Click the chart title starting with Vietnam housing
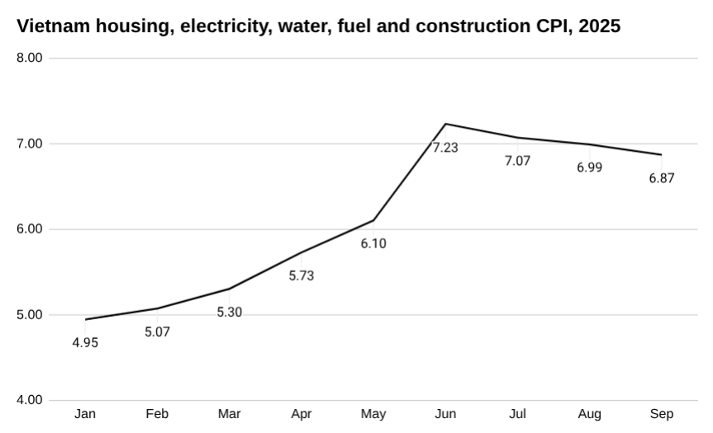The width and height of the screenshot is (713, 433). tap(318, 26)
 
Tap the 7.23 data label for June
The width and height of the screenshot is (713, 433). tap(445, 148)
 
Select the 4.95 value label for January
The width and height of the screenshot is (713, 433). tap(85, 343)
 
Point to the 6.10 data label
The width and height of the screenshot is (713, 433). tap(373, 244)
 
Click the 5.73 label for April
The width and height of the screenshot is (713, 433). tap(302, 276)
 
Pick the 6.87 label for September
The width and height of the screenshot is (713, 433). tap(662, 178)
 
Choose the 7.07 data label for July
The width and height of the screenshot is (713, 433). tap(518, 162)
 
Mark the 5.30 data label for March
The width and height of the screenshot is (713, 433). tap(230, 313)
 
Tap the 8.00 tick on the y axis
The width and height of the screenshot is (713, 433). tap(30, 59)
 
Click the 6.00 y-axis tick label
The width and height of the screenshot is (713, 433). tap(30, 229)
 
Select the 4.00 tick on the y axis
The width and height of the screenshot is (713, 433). tap(30, 400)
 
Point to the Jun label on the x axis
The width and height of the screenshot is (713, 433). tap(445, 414)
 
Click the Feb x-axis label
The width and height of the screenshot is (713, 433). tap(157, 414)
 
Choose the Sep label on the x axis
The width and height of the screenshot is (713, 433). tap(662, 414)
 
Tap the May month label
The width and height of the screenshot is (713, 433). tap(373, 414)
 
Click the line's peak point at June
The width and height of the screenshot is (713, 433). tap(445, 124)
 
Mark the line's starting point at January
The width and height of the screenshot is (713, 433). tap(85, 319)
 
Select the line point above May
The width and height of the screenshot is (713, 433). tap(373, 220)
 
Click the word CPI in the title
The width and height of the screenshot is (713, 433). tap(551, 26)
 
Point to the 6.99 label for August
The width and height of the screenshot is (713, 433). tap(590, 168)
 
